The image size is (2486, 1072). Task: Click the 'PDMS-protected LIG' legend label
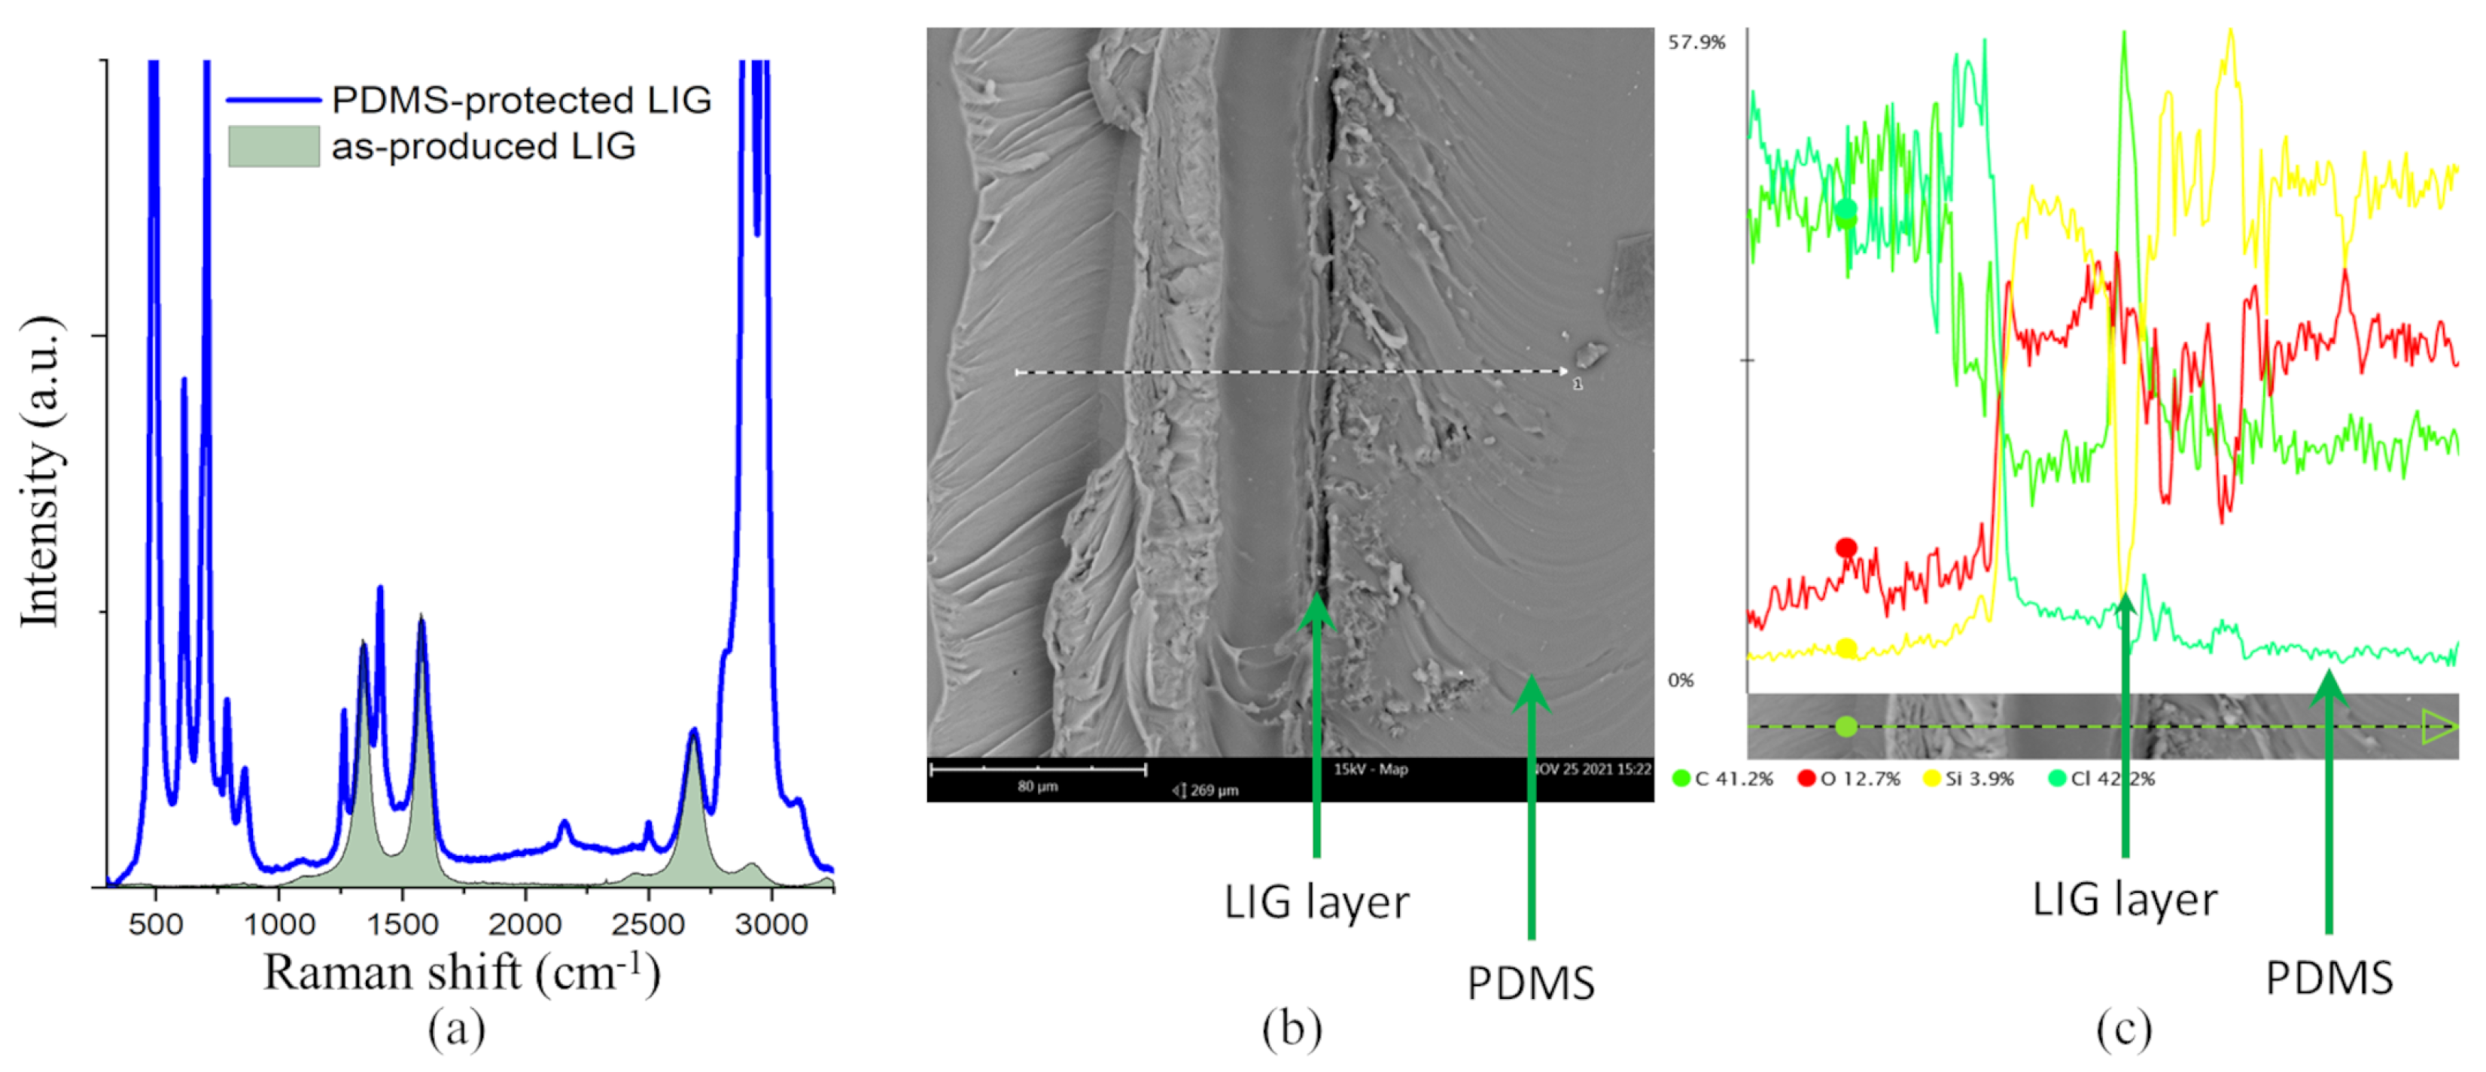coord(521,100)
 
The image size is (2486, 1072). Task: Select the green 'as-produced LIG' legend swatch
coord(273,147)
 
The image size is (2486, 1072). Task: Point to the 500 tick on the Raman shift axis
coord(155,924)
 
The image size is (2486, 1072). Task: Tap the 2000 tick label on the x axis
coord(524,924)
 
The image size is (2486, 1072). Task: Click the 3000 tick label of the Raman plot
coord(770,924)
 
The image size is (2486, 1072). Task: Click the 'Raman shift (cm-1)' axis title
coord(461,972)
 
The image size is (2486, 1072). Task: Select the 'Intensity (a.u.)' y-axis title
coord(41,471)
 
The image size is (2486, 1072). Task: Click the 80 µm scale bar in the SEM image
coord(1037,770)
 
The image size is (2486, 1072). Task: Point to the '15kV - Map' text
coord(1371,769)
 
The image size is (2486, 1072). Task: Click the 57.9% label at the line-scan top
coord(1696,42)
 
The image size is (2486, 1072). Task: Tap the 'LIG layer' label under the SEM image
coord(1316,902)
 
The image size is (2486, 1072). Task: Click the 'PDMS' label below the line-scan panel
coord(2329,979)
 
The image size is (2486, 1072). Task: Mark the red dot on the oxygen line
coord(1846,548)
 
